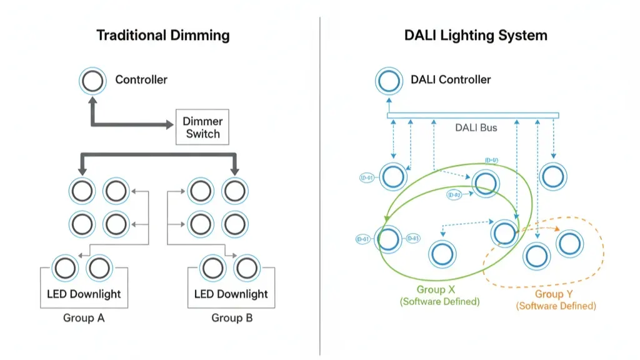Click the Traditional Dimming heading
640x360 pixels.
(163, 35)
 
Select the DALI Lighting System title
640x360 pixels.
(476, 35)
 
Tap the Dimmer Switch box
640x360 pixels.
(202, 127)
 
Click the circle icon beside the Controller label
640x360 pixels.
(92, 81)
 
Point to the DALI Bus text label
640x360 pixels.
(476, 127)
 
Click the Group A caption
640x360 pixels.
(84, 318)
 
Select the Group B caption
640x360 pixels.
(232, 318)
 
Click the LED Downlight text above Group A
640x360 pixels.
(84, 294)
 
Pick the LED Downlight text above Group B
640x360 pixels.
(231, 294)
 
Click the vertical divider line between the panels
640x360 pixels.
(320, 187)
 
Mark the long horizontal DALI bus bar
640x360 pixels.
(472, 116)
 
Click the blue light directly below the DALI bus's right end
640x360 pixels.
(554, 176)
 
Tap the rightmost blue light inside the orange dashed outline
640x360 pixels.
(569, 244)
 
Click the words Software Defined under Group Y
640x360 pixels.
(556, 306)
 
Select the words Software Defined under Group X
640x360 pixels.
(440, 302)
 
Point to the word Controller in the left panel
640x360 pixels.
(141, 80)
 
